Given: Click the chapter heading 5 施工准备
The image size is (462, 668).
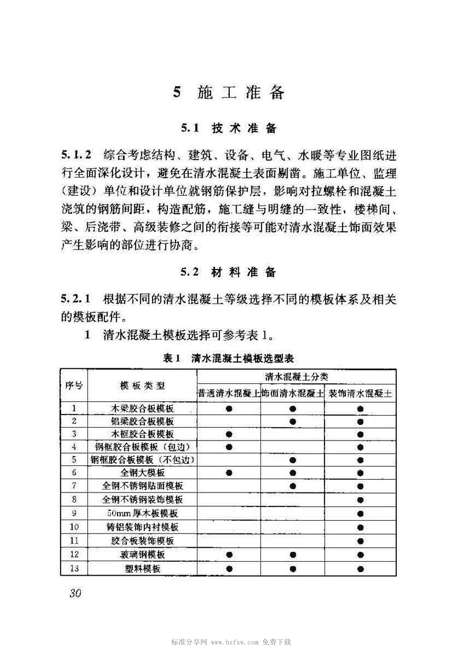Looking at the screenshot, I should tap(229, 93).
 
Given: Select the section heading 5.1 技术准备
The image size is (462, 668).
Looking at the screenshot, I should tap(229, 128).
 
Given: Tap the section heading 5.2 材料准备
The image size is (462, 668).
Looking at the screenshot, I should tap(229, 272).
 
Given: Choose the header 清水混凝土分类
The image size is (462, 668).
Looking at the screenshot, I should tap(297, 376).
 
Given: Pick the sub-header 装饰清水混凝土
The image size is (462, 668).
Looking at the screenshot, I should tap(360, 394).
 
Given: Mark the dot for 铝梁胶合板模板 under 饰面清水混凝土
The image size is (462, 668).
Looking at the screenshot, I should tap(293, 421).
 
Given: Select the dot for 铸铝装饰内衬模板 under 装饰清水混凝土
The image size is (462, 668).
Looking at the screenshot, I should tap(360, 527).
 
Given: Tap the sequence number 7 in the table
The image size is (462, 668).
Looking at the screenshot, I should tap(74, 486).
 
